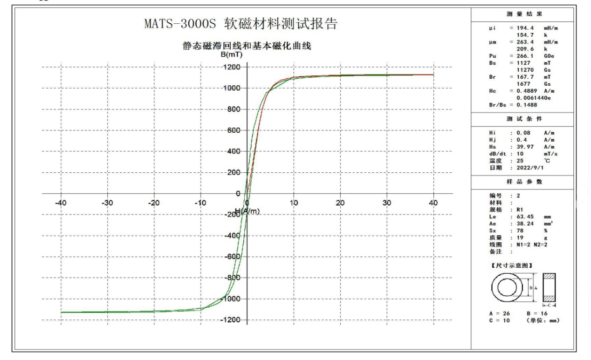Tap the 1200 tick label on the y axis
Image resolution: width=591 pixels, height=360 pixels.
231,68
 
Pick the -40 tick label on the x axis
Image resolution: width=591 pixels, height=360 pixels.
61,203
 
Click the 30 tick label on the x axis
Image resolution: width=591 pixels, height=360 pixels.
387,203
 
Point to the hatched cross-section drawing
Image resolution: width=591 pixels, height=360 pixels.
550,288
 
